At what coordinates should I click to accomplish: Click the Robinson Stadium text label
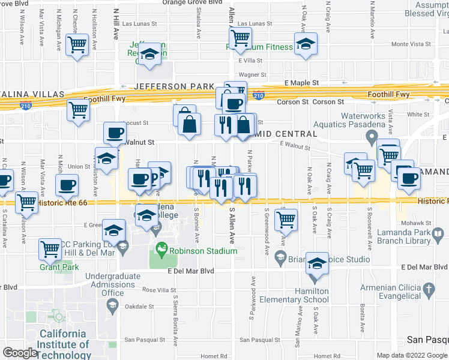(203, 251)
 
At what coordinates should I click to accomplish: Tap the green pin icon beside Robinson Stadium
(161, 248)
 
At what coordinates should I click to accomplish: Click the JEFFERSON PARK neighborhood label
(173, 86)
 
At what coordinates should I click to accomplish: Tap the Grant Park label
(56, 266)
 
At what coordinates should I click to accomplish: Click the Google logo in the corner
(19, 353)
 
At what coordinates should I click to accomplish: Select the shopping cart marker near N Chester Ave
(77, 44)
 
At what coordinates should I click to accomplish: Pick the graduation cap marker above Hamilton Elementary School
(318, 264)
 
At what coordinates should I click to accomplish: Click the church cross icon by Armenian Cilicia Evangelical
(428, 290)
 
